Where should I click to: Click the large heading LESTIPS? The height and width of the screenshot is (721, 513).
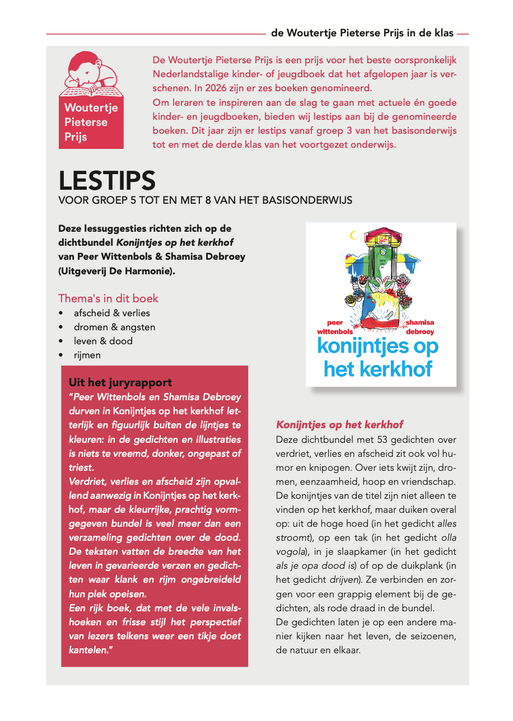pos(107,180)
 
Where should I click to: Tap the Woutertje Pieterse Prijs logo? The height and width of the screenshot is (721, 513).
pos(91,100)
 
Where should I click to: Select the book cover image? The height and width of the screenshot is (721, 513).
pos(381,304)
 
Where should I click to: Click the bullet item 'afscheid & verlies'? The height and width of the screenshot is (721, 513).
pos(112,313)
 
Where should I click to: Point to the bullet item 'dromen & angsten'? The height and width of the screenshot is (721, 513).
pos(114,327)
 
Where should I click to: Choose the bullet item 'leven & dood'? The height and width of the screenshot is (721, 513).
pos(103,341)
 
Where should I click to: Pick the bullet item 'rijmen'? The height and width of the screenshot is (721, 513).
pos(87,355)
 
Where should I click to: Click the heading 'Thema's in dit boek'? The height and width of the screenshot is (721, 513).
pos(108,298)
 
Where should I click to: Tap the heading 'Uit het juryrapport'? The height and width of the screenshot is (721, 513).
pos(120,383)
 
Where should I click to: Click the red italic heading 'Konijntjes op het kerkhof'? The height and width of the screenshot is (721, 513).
pos(339,425)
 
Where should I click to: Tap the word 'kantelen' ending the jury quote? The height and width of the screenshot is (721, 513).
pos(86,650)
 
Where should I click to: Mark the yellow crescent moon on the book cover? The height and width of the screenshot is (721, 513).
pos(352,236)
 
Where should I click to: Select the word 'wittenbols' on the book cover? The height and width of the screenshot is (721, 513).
pos(339,331)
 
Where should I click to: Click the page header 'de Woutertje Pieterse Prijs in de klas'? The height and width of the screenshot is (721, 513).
pos(362,33)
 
